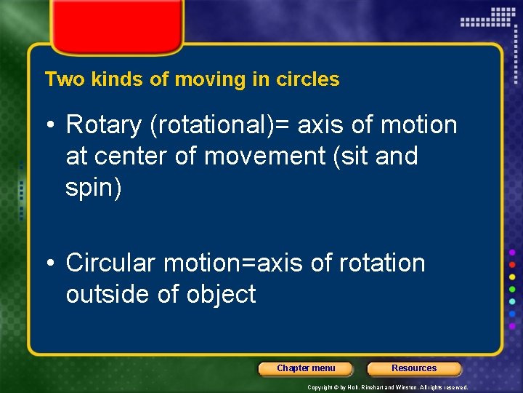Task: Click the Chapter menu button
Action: (x=306, y=368)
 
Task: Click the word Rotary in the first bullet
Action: (x=103, y=125)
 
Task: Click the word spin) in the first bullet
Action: (x=94, y=188)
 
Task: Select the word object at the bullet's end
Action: (x=222, y=294)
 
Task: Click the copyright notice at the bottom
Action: (x=388, y=387)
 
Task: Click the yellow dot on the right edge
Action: (x=512, y=277)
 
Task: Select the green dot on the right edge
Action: (x=512, y=290)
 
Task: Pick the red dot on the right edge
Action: (x=512, y=265)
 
